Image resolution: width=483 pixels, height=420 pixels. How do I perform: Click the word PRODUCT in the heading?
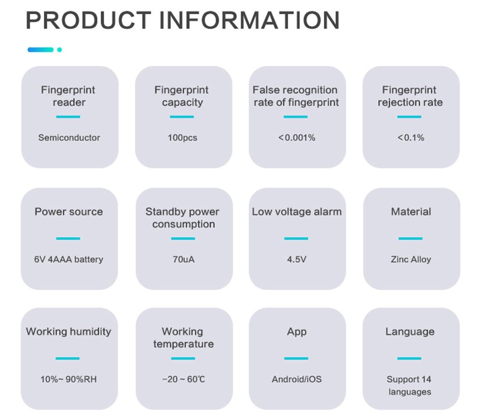[88, 20]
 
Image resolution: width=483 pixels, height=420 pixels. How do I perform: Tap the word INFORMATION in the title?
[249, 20]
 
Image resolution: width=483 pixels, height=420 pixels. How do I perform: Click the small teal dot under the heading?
[59, 50]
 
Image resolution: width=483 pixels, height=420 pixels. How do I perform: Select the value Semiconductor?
[69, 137]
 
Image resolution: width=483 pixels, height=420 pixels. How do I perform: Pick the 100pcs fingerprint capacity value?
[183, 137]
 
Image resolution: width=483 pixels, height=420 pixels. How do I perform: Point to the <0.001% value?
[297, 137]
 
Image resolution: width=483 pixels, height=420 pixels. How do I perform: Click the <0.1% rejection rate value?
[411, 137]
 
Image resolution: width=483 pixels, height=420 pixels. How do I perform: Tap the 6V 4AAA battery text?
[69, 259]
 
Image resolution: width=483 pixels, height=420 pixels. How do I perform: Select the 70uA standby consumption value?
[184, 259]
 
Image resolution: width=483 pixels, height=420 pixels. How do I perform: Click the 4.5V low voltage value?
[297, 259]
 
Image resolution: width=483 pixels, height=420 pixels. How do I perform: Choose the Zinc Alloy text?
[411, 259]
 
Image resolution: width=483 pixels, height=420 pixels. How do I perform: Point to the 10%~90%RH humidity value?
[69, 379]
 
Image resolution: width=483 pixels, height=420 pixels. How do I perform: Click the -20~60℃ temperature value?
[184, 379]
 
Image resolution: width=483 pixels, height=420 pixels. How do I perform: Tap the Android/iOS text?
[297, 379]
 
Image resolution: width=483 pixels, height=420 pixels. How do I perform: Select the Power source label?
[69, 212]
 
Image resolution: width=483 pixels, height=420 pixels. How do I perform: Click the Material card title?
[411, 212]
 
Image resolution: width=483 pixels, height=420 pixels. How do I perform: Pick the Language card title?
[410, 332]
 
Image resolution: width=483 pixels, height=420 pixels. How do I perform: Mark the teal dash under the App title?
[296, 358]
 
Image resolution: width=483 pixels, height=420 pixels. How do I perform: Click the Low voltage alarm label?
[297, 212]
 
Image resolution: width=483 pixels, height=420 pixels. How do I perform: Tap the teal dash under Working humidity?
[68, 358]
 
